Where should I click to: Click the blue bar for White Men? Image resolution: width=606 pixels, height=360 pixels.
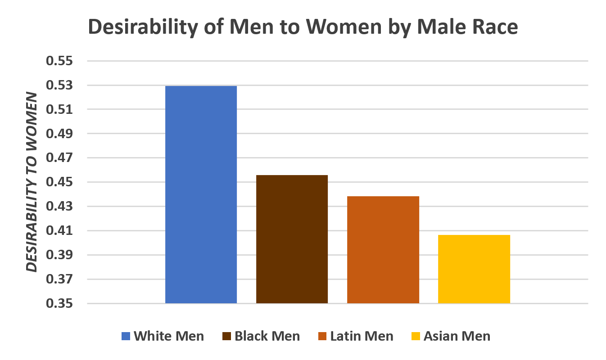coord(201,194)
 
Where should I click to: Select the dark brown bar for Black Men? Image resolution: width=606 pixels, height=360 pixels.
coord(292,239)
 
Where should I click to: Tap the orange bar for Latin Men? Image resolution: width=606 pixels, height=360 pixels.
coord(383,250)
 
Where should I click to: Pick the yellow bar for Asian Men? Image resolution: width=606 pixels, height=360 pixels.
coord(474,269)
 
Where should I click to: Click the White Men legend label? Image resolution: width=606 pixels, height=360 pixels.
coord(169,336)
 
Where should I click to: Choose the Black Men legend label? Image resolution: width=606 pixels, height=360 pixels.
coord(267,336)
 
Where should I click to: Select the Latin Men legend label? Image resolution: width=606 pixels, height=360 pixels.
coord(362,336)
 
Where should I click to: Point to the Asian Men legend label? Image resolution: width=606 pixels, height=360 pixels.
coord(457,336)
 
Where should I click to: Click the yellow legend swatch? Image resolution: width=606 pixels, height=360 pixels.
coord(416,336)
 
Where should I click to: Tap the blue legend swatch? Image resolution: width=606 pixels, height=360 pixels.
coord(126,336)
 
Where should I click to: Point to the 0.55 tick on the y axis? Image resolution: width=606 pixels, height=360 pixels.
coord(60,61)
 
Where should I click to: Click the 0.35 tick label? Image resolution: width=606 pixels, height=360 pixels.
coord(60,304)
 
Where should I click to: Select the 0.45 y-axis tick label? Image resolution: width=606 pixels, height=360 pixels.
coord(60,182)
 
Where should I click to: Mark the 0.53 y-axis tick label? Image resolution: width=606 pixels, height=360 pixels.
coord(60,85)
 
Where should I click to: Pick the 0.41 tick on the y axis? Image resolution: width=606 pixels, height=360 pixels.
coord(60,231)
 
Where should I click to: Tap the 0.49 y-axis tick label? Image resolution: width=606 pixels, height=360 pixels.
coord(60,134)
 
